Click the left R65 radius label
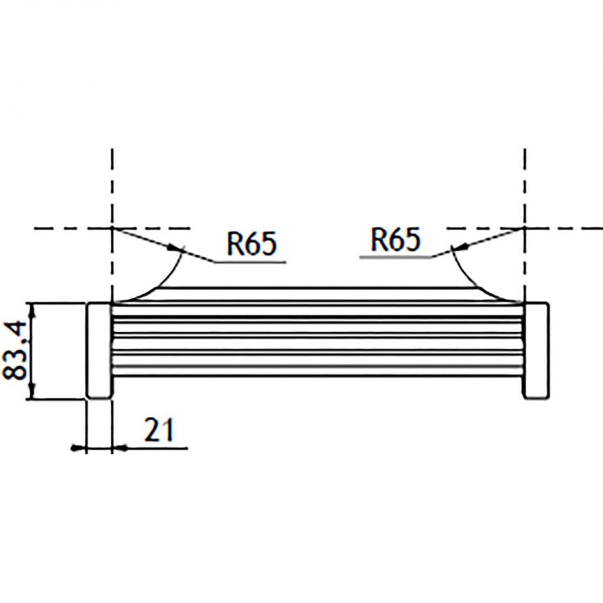251,244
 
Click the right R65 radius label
396,240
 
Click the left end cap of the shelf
99,350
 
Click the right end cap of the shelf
536,350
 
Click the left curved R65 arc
160,279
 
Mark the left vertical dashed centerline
112,186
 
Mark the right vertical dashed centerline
525,186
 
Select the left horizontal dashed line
71,228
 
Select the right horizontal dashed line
565,228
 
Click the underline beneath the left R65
250,262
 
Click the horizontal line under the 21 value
154,448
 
